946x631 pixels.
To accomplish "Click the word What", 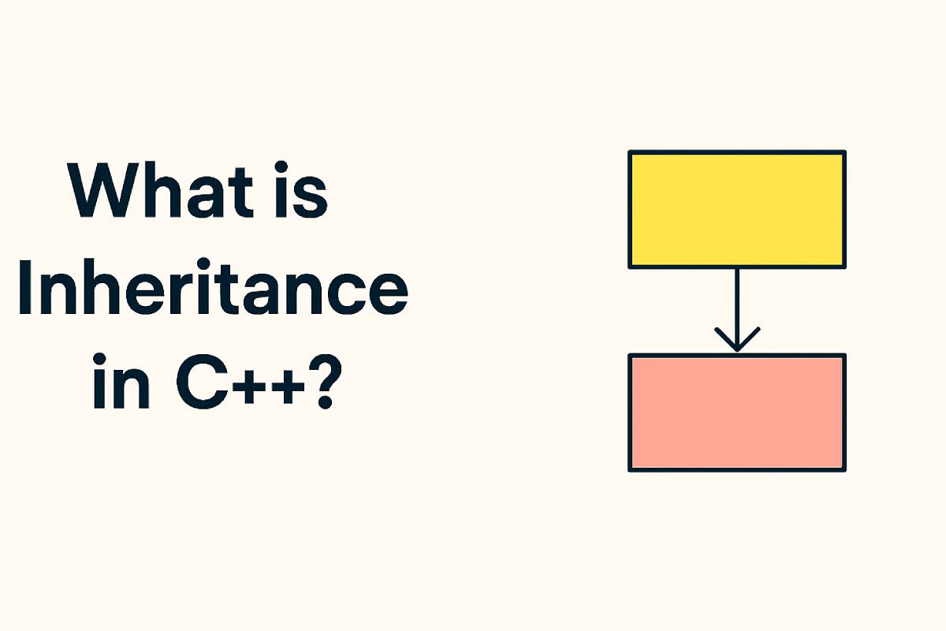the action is point(160,190).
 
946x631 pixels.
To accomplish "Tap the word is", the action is point(301,190).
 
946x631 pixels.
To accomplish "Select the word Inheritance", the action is point(213,287).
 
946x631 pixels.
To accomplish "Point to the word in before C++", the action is point(121,382).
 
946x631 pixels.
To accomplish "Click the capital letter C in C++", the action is point(199,382).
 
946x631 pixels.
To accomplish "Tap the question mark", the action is point(325,382).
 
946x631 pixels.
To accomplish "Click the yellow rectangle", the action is point(737,210).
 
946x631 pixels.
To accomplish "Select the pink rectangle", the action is point(737,413).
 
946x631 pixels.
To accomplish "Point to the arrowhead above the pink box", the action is point(737,339).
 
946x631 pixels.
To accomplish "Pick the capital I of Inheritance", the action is point(25,287).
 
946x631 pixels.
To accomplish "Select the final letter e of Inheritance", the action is point(388,293).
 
